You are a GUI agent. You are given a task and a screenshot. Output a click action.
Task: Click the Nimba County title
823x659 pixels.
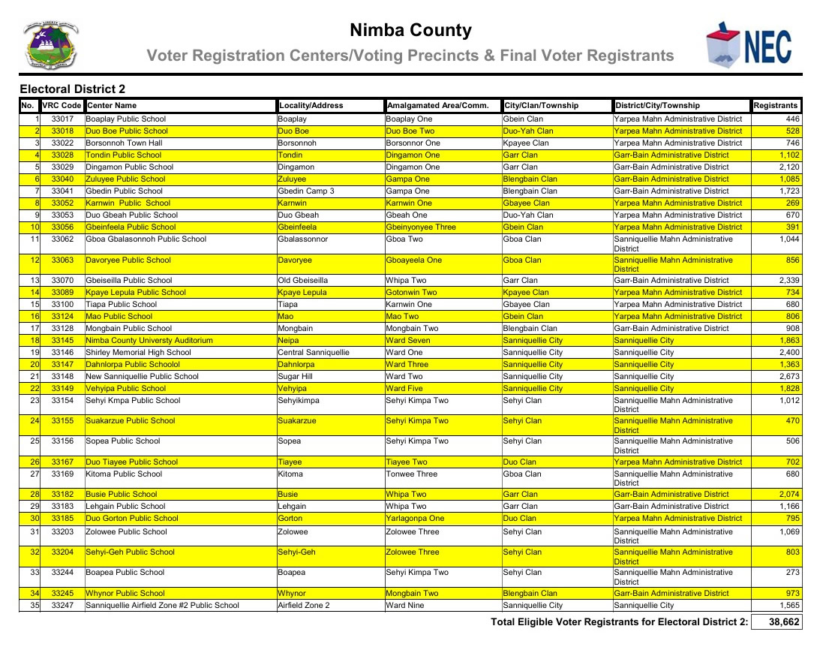[410, 31]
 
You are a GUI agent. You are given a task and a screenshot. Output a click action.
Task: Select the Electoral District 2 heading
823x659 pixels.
[73, 89]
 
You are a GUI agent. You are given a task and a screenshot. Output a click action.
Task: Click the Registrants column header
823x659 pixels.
[776, 106]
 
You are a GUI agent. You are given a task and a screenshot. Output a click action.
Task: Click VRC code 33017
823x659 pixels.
[62, 119]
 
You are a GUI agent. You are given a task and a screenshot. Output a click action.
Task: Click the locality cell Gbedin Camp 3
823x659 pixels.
[306, 191]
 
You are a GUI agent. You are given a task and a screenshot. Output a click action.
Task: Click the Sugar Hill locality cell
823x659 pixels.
[296, 377]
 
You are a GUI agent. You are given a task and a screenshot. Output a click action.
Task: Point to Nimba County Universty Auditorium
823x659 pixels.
[149, 341]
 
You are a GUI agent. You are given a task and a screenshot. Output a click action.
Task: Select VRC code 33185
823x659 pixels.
[62, 519]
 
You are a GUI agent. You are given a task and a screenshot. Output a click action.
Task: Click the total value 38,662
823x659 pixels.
[779, 622]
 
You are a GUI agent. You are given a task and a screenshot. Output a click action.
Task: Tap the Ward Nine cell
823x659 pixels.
[404, 606]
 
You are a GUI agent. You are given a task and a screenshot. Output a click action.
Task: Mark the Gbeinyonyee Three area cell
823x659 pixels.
[420, 227]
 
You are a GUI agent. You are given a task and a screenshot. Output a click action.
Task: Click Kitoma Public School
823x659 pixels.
[124, 474]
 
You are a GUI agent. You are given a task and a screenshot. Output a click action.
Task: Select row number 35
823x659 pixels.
[35, 606]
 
